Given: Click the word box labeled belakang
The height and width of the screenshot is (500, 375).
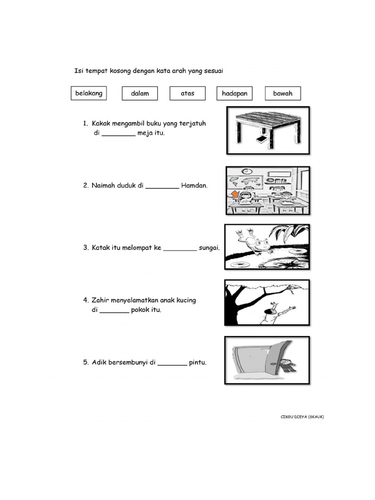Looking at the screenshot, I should coord(89,93).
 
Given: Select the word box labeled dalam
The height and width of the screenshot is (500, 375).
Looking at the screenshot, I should coord(140,93).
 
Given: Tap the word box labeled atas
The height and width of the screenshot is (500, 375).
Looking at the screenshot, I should coord(187,93).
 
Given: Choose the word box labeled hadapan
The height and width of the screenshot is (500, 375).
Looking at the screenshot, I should coord(234,93).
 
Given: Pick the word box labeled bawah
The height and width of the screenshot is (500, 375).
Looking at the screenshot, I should coord(283,93).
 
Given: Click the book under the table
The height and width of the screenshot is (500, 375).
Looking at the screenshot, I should coord(262,140).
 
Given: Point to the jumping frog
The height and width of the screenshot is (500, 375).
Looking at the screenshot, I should coord(254,241).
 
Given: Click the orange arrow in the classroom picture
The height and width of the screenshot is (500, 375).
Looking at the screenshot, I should coord(235,194).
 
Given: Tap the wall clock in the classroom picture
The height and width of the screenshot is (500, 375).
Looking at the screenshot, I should coord(246,171).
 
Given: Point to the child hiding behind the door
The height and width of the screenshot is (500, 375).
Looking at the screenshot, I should coord(287,365).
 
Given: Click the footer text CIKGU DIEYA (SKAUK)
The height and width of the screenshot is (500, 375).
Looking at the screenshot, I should coord(302,417).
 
